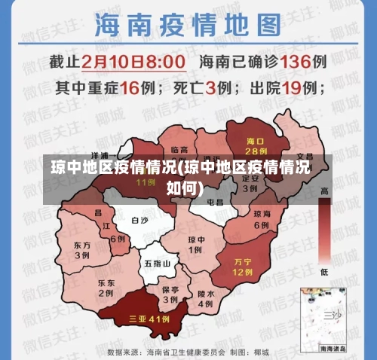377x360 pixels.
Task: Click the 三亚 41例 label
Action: [x=149, y=319]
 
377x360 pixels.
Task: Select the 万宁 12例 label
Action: [x=242, y=265]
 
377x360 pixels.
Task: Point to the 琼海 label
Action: [x=261, y=214]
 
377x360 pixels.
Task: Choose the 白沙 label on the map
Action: [x=140, y=221]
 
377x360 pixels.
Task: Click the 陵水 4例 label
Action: [x=205, y=298]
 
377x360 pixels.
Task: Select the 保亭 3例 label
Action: [x=170, y=294]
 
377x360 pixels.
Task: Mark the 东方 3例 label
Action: [x=82, y=250]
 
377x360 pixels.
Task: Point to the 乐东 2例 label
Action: [x=106, y=288]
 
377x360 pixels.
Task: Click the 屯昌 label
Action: [x=215, y=203]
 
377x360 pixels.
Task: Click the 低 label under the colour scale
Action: [x=324, y=271]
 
